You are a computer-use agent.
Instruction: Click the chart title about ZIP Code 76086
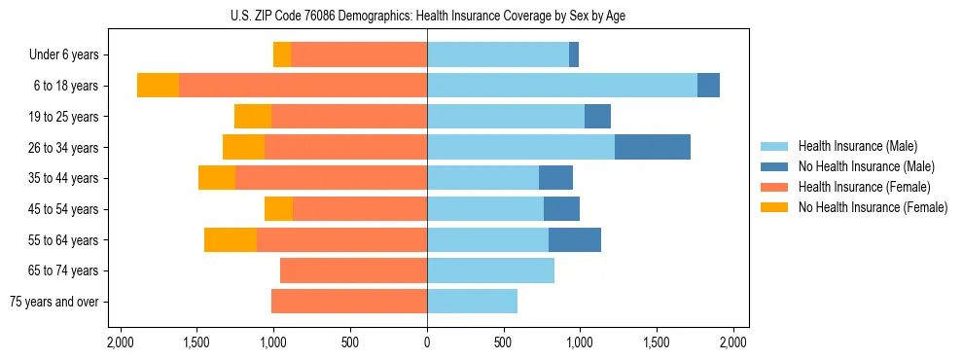(428, 15)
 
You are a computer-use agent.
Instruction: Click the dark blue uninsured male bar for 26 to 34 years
(653, 147)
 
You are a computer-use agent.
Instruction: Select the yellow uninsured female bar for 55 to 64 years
(231, 239)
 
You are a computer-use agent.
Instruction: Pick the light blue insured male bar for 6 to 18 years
(562, 86)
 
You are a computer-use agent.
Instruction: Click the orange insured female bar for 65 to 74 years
(353, 270)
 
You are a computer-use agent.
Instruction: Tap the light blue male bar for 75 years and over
(472, 302)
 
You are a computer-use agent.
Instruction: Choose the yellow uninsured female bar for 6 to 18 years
(158, 86)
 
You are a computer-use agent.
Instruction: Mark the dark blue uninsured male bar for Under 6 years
(574, 54)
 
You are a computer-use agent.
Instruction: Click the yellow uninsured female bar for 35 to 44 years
(217, 178)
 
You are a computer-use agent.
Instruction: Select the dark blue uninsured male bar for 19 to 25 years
(597, 117)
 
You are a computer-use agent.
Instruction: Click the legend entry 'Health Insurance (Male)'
(857, 147)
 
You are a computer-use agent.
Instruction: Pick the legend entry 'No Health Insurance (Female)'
(873, 207)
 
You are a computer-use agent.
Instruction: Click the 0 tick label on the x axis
(427, 342)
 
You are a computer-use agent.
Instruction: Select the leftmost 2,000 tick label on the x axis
(121, 342)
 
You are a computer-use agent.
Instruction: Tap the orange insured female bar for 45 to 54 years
(360, 209)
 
